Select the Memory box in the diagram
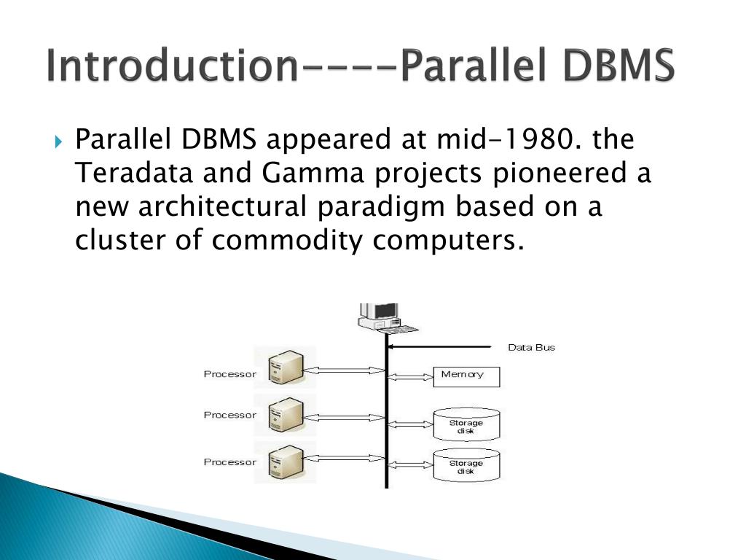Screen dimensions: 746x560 click(466, 376)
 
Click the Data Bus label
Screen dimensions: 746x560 click(531, 347)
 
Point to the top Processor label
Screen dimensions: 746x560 click(229, 374)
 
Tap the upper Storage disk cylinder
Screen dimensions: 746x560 click(466, 424)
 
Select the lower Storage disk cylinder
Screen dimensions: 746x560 click(466, 464)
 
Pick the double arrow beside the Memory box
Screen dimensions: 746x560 click(409, 377)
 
